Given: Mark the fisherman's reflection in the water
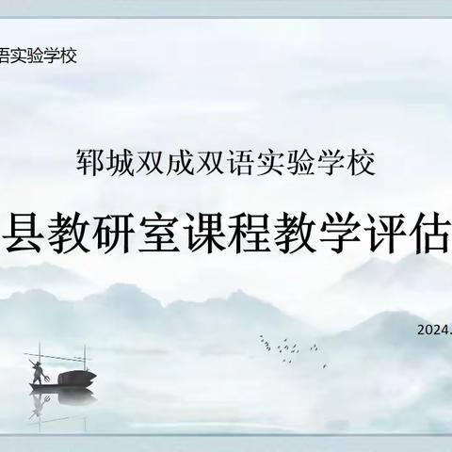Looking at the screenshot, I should [38, 405].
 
